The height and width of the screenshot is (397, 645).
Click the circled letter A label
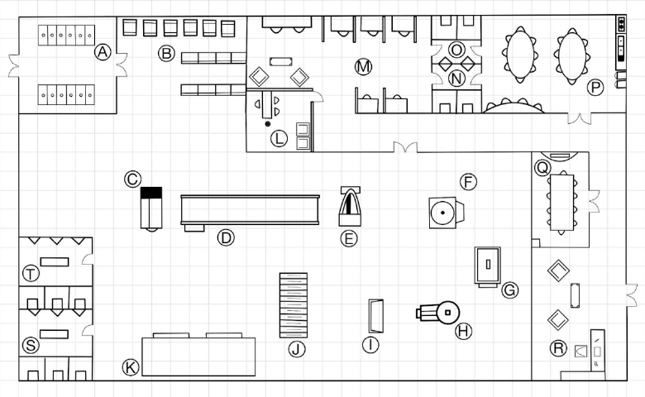103,52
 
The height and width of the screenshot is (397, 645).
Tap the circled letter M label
363,67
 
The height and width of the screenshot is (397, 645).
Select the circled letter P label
595,88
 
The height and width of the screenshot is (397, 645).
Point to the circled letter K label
131,367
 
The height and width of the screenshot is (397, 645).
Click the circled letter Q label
542,167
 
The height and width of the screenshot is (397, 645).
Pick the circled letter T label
31,274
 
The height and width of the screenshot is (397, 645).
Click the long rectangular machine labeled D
250,210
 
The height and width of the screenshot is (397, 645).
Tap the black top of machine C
151,193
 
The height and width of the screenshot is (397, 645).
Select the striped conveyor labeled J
294,305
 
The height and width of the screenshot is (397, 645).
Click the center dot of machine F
442,213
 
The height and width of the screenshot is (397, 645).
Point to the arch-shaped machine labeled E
350,207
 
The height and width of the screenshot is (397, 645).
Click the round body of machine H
447,313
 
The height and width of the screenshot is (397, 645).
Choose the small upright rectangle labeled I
376,316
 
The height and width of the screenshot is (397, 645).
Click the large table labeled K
198,356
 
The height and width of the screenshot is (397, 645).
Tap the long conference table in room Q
562,203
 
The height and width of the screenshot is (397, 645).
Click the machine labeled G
487,265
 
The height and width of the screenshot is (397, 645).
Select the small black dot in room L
268,124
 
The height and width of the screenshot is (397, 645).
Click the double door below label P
580,118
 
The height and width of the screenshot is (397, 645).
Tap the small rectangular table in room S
55,334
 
